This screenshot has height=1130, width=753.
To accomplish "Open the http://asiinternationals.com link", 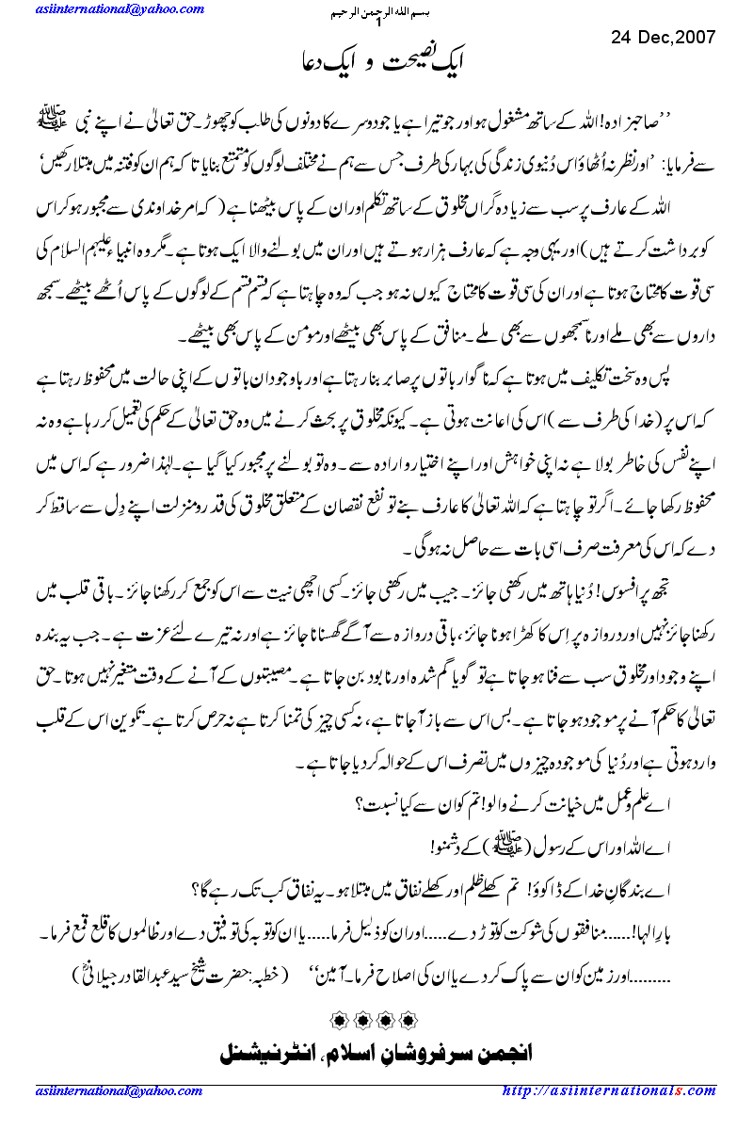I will (x=622, y=1090).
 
